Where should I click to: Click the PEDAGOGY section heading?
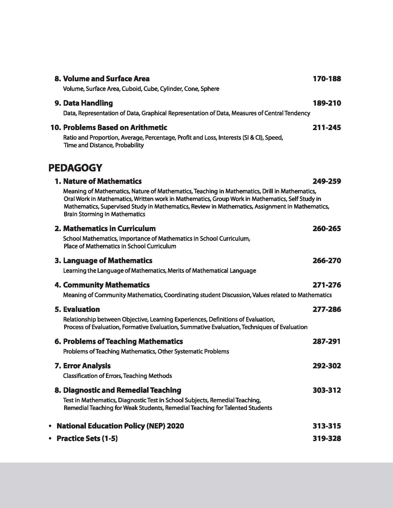(75, 168)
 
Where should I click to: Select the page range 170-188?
(327, 79)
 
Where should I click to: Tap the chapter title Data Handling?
(88, 103)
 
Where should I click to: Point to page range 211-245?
(327, 128)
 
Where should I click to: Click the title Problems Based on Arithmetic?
(115, 128)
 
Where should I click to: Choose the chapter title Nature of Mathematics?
(102, 181)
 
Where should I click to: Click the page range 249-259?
(327, 181)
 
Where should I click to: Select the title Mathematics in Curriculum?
(109, 229)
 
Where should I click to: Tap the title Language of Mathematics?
(108, 261)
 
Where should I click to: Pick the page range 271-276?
(327, 285)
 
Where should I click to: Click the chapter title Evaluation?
(81, 309)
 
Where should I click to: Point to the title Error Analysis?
(87, 366)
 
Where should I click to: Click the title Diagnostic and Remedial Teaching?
(122, 390)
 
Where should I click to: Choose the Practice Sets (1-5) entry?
(87, 438)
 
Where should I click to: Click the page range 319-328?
(327, 438)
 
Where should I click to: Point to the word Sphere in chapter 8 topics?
(210, 89)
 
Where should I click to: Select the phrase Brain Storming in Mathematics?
(104, 214)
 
